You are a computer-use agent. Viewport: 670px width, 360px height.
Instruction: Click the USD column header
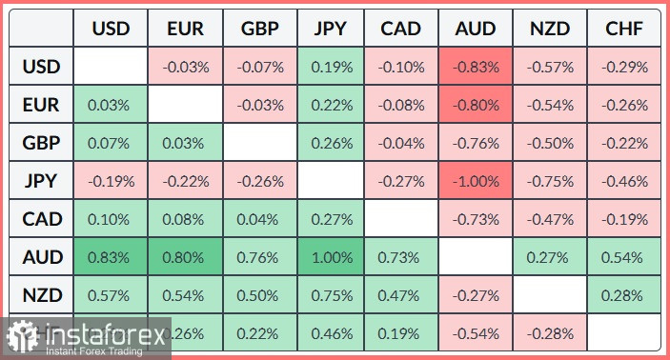tap(111, 29)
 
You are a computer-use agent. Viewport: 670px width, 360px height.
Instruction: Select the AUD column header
tap(476, 29)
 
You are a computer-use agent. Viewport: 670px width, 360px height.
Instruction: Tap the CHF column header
tap(623, 29)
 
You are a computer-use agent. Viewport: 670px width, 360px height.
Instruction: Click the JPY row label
tap(41, 181)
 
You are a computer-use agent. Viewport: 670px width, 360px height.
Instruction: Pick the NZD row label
tap(41, 295)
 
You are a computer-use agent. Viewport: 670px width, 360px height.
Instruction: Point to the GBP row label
tap(41, 143)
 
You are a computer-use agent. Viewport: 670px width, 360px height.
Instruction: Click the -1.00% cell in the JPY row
tap(476, 181)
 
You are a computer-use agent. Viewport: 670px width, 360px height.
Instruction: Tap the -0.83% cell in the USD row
tap(476, 67)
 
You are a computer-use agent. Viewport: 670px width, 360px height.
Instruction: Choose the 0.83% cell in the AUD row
tap(111, 257)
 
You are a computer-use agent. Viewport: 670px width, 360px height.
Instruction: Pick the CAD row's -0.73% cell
tap(476, 219)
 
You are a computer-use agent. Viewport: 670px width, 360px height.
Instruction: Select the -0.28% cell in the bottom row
tap(549, 333)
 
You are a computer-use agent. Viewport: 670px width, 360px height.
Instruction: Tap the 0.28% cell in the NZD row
tap(623, 295)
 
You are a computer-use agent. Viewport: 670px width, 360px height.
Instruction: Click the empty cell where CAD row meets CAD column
tap(401, 219)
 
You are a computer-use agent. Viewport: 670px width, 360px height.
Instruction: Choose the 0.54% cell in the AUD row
tap(623, 257)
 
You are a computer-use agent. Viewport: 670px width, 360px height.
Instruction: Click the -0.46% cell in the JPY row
tap(623, 181)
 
